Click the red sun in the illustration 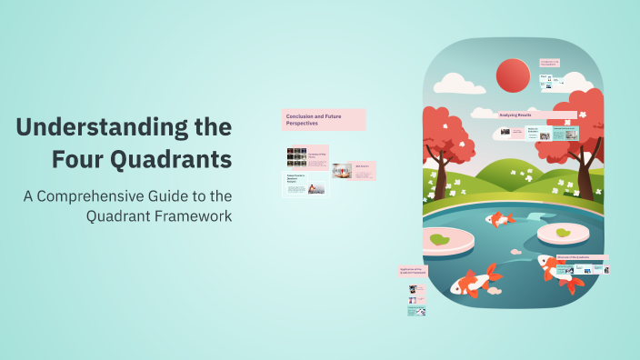coord(513,75)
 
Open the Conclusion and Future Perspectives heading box coord(324,119)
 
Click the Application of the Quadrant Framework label coord(413,271)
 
